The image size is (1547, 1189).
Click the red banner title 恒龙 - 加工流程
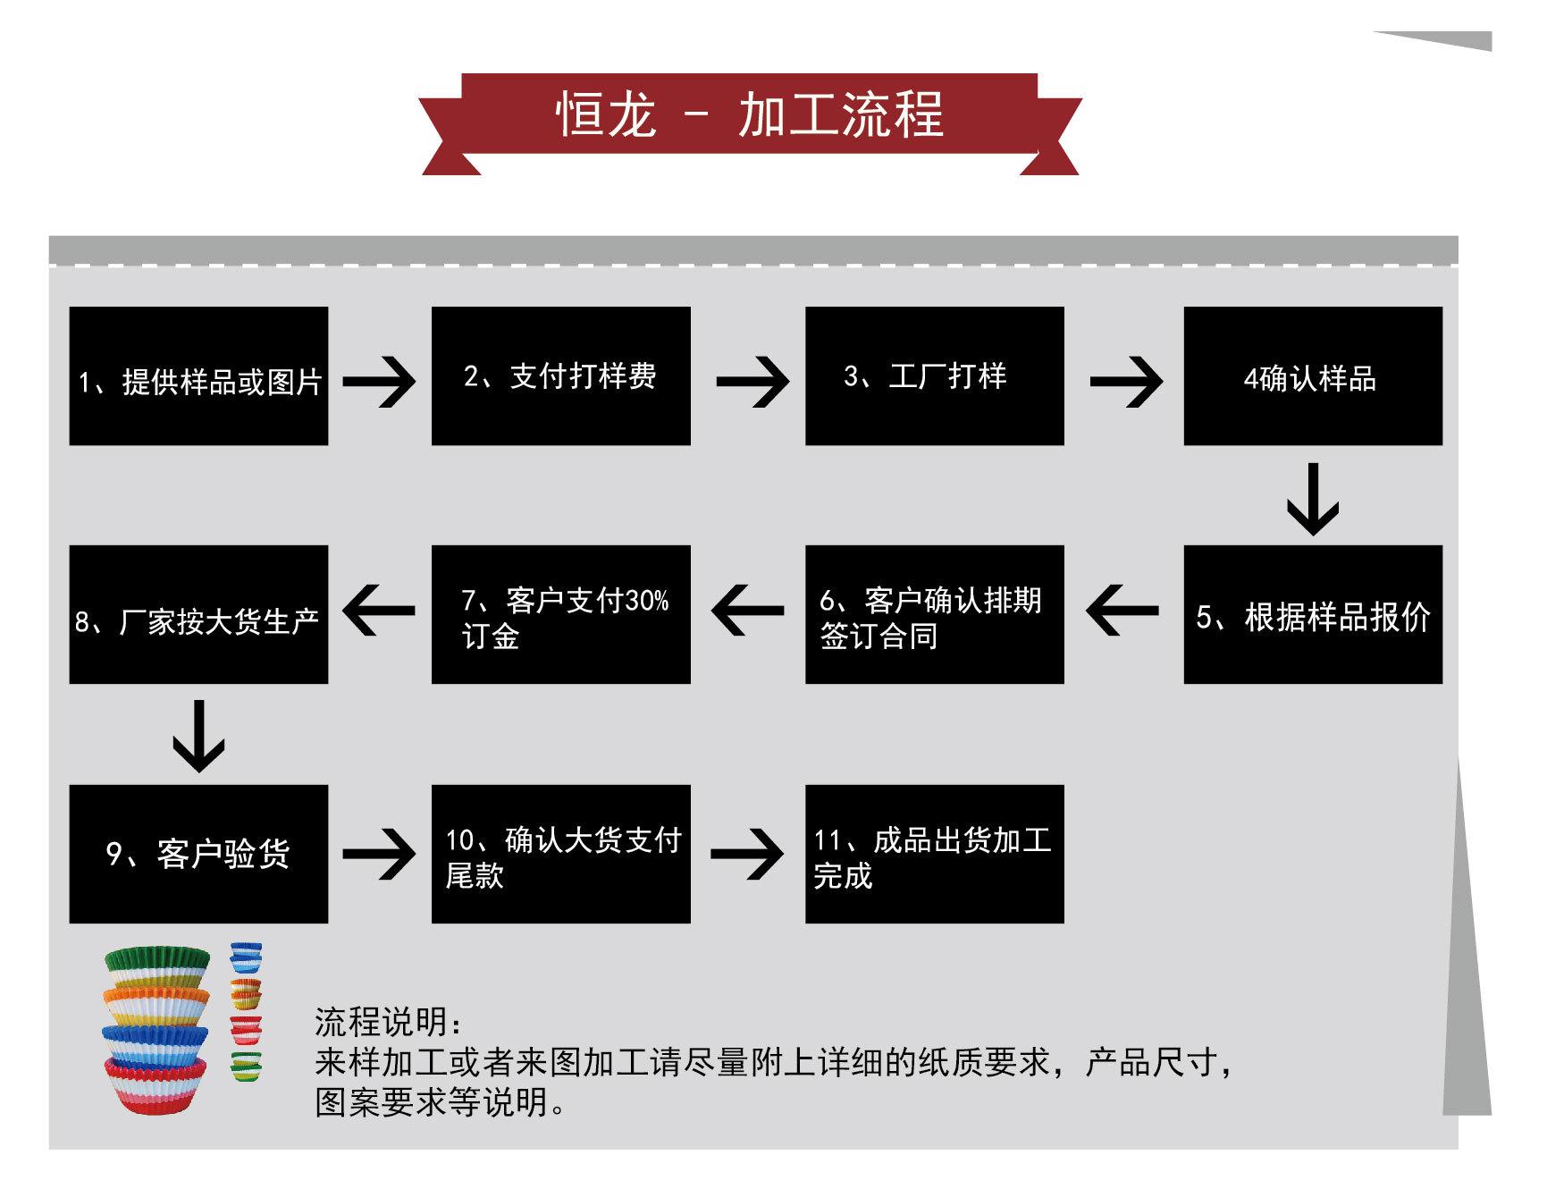(749, 115)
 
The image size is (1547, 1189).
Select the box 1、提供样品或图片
(198, 376)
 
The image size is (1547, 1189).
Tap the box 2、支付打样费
(560, 376)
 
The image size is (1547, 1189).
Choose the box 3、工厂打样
(934, 376)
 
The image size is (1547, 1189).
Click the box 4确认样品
(1312, 376)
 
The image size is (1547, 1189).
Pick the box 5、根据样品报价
(1312, 615)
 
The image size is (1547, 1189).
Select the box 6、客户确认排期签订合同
(934, 615)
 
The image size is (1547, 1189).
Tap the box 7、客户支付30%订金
(560, 615)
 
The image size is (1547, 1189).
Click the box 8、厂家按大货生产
(198, 615)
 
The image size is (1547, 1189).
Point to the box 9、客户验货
(198, 854)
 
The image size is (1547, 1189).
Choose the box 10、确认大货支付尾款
(560, 854)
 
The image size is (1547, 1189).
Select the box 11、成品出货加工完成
(934, 854)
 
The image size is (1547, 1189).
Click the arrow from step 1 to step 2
(379, 382)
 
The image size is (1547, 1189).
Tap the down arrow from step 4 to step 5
(1312, 499)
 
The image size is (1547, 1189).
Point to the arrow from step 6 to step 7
(748, 611)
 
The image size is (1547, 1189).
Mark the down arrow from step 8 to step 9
(198, 736)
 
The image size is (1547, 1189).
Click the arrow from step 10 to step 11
(747, 854)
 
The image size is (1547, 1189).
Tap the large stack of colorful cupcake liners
(156, 1028)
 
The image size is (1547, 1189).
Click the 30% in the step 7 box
(646, 601)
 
